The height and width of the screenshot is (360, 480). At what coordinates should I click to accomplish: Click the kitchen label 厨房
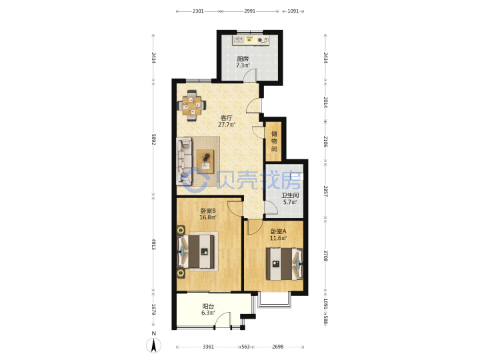coord(243,59)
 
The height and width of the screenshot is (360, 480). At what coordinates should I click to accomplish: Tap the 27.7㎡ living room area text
coord(227,125)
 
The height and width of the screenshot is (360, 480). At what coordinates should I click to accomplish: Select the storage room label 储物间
coord(274,141)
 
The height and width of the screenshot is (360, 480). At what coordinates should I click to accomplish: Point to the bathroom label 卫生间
coord(290,195)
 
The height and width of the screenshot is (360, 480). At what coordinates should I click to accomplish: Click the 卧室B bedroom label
coord(208,211)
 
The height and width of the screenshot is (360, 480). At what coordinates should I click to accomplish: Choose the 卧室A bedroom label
coord(278,231)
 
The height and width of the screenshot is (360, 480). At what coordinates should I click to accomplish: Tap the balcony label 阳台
coord(208,306)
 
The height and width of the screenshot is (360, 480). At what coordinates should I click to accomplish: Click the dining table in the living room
coord(192,105)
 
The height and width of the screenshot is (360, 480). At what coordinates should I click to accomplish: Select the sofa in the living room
coord(184,161)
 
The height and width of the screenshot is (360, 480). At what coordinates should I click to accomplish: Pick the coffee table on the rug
coord(205,161)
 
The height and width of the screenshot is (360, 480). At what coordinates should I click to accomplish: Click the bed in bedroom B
coord(196,251)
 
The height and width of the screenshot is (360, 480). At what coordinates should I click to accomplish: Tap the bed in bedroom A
coord(285,264)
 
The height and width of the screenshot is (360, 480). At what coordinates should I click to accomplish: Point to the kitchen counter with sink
coord(251,40)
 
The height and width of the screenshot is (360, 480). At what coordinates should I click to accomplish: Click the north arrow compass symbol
coord(154,345)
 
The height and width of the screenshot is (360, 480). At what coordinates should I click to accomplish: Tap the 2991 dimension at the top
coord(249,11)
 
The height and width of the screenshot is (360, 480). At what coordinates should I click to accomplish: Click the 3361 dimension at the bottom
coord(208,347)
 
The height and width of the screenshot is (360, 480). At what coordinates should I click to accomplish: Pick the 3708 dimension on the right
coord(326,256)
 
